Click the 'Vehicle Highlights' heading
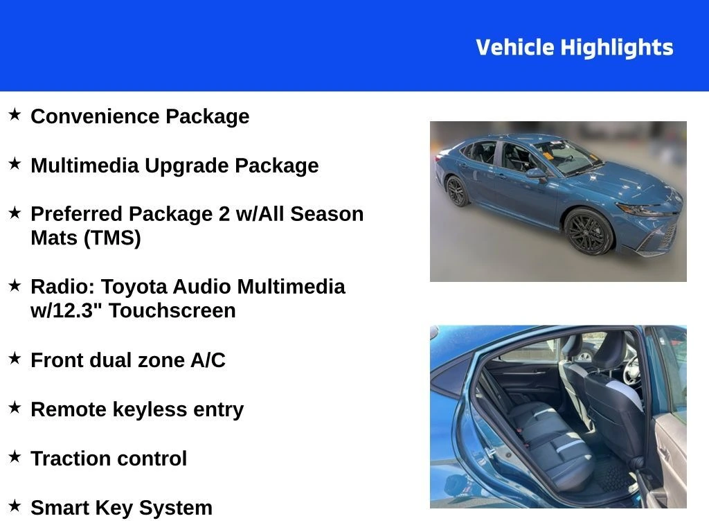(574, 47)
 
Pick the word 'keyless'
(136, 409)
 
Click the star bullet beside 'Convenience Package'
(15, 114)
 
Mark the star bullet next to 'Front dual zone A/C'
(15, 359)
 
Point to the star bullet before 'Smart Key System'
(15, 506)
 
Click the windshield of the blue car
(564, 155)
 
